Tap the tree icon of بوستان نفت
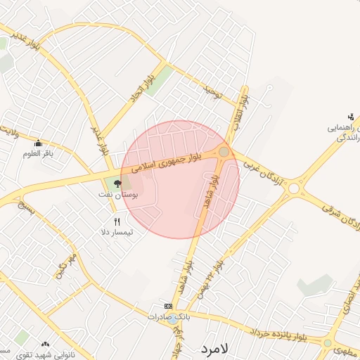point(117,184)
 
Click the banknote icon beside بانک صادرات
point(168,307)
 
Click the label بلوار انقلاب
point(240,108)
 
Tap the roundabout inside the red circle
point(224,152)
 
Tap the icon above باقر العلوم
point(38,143)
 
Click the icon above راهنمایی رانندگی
point(351,117)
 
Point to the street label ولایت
point(8,130)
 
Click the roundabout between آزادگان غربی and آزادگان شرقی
point(293,188)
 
